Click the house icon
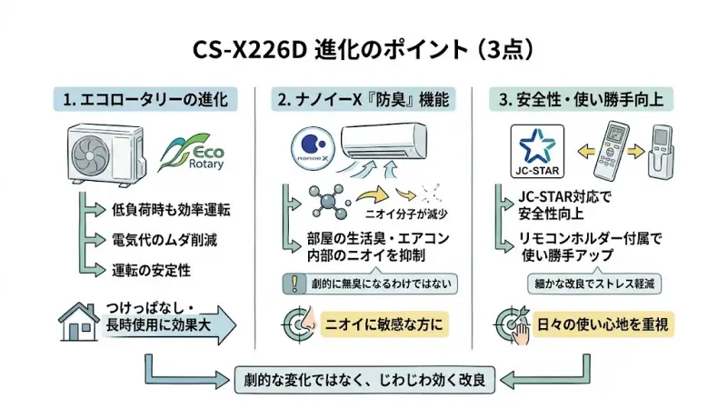pos(78,320)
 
